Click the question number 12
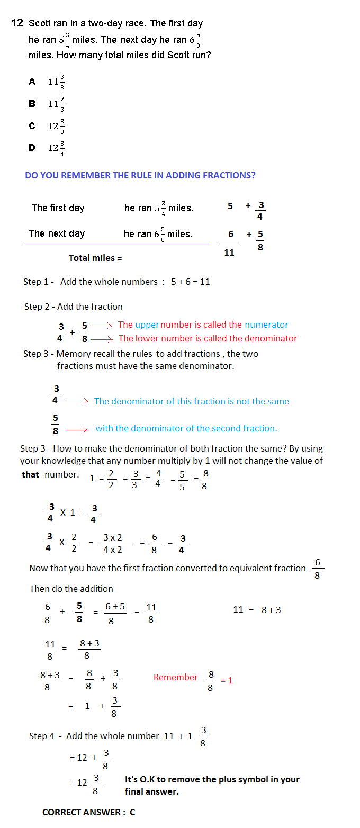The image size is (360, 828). (x=17, y=23)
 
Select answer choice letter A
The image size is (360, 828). (x=32, y=82)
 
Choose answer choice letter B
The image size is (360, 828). (x=32, y=104)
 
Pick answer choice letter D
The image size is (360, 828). (x=32, y=148)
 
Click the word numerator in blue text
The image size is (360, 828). (x=266, y=325)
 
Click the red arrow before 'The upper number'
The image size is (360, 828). (x=102, y=325)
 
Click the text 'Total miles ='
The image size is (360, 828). (x=95, y=258)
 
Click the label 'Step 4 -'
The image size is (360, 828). (x=44, y=736)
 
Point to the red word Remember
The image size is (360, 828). (x=175, y=677)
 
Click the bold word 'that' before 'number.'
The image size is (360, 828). (x=30, y=474)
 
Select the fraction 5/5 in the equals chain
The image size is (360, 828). (x=182, y=480)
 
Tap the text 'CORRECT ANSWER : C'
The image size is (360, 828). (x=88, y=812)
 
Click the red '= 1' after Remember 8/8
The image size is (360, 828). (x=227, y=680)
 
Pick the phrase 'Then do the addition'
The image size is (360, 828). (x=71, y=589)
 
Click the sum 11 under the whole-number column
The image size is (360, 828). (x=229, y=253)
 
